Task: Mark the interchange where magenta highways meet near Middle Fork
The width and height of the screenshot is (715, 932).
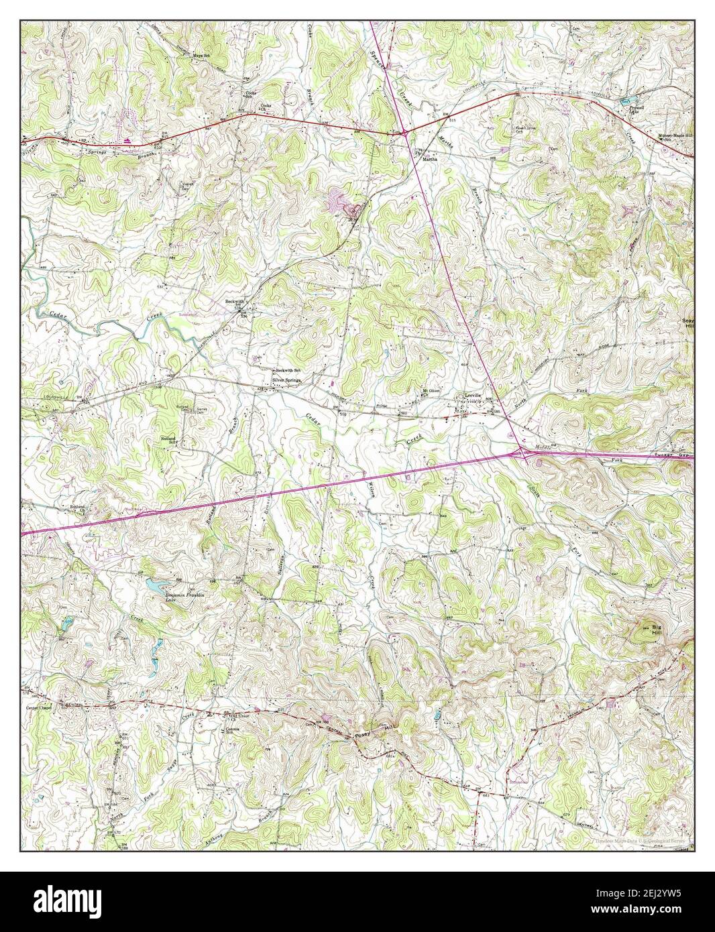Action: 522,455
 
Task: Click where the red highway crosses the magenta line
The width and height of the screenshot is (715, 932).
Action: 406,134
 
